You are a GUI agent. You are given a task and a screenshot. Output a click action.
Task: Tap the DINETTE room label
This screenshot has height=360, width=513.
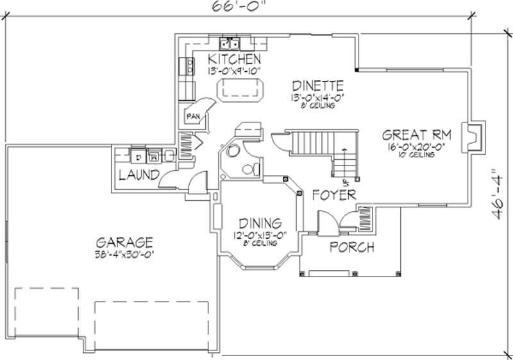click(x=318, y=85)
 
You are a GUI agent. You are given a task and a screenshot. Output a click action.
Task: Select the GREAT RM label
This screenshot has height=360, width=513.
click(x=417, y=135)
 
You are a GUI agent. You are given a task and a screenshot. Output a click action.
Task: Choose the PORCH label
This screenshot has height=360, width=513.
click(x=352, y=247)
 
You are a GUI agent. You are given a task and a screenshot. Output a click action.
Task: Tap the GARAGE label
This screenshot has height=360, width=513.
click(x=124, y=242)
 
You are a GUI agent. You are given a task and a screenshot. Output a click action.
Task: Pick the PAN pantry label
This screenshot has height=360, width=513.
click(x=192, y=117)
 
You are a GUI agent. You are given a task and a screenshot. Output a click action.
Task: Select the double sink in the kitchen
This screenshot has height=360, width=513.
click(x=229, y=44)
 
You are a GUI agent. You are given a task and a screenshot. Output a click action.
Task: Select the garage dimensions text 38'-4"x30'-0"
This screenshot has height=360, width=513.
click(x=124, y=254)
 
